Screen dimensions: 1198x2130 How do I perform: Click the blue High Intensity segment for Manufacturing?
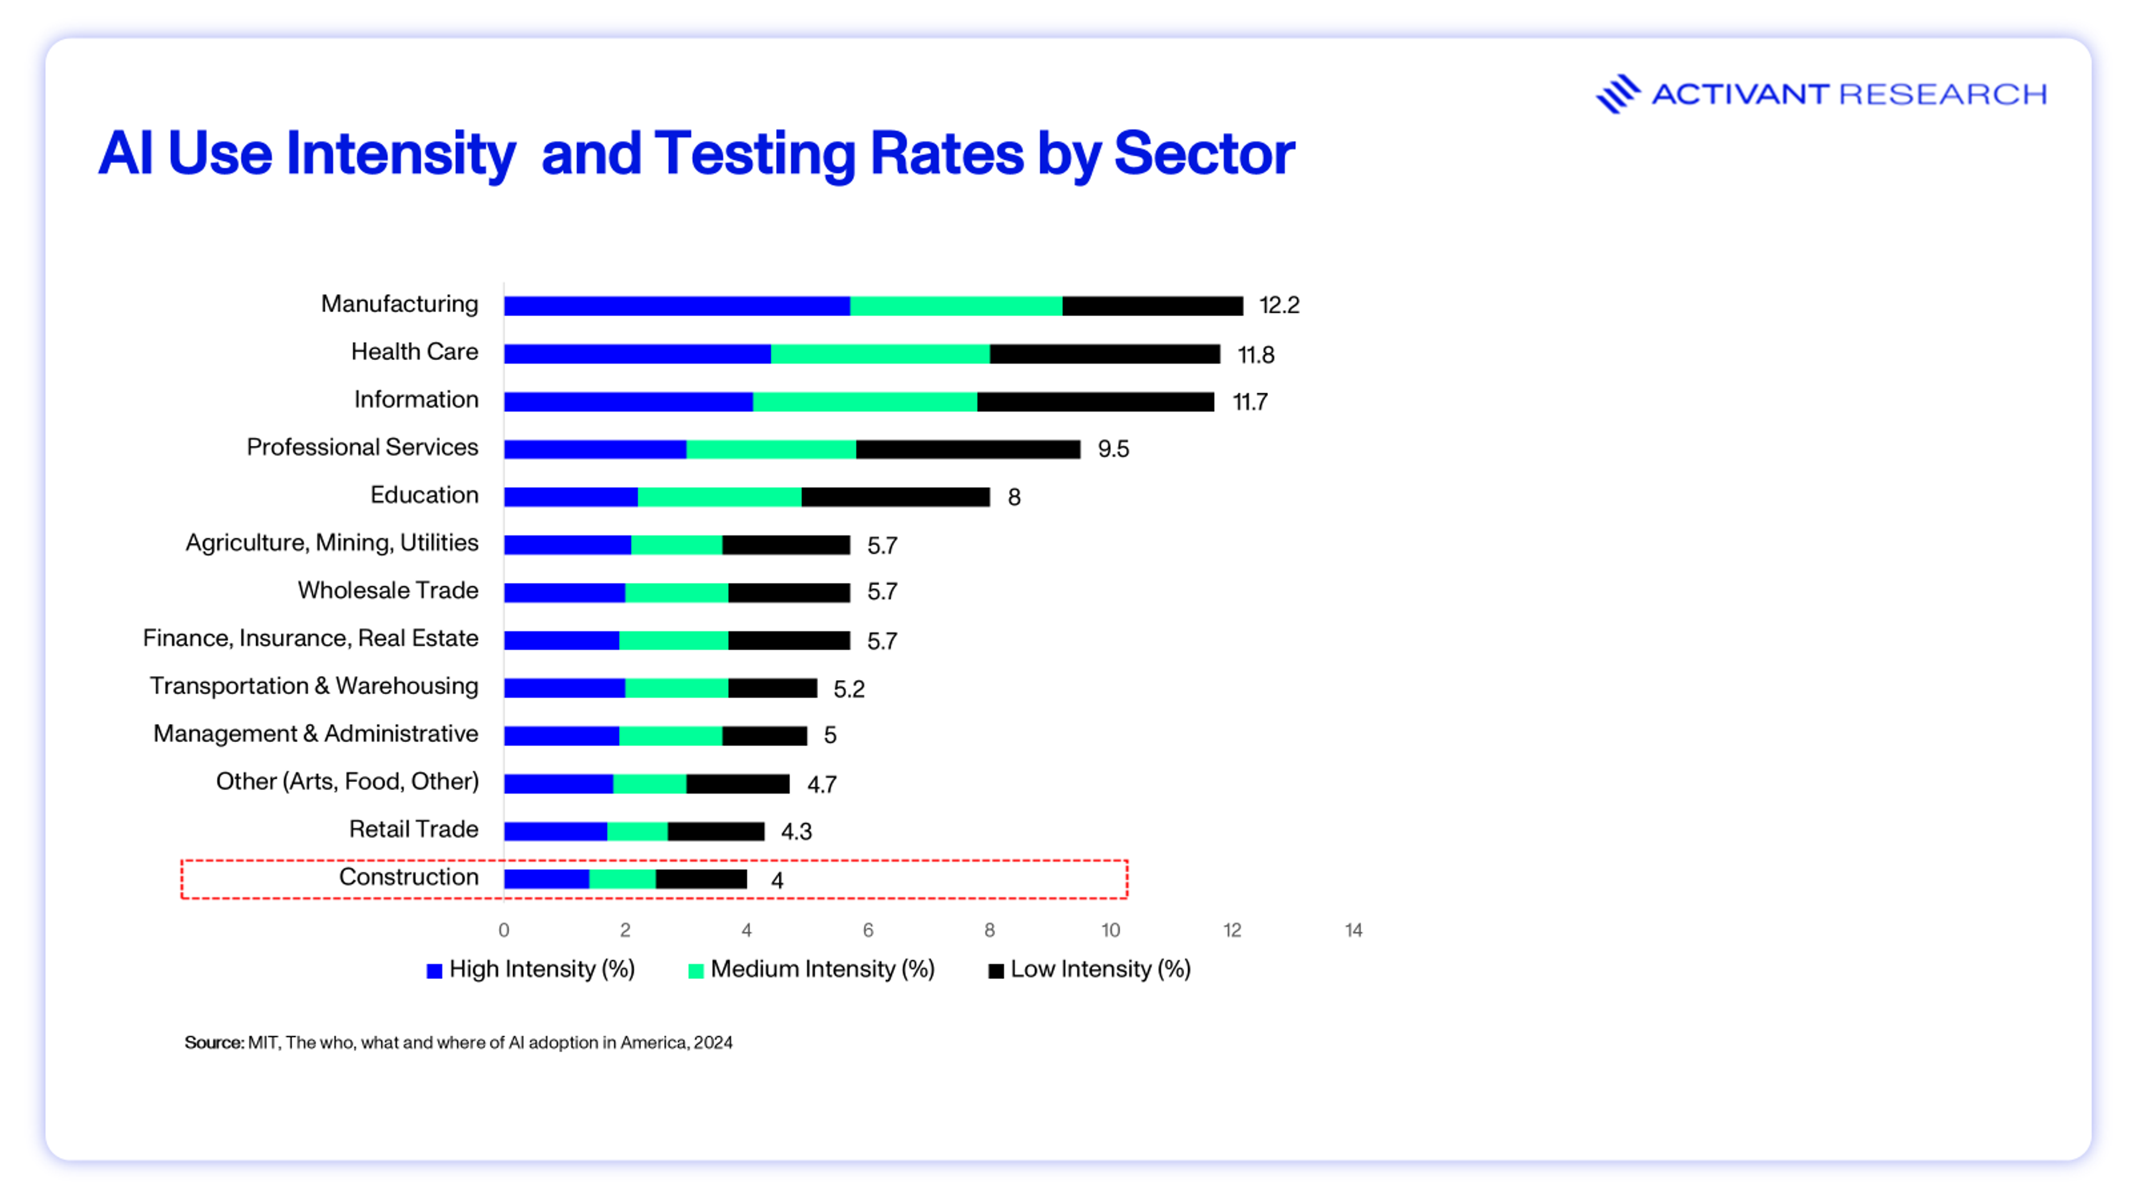(x=676, y=306)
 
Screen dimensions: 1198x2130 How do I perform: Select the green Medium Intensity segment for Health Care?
(x=880, y=354)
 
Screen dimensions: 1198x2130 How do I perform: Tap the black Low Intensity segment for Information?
(x=1095, y=402)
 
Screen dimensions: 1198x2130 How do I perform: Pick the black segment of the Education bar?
(x=895, y=497)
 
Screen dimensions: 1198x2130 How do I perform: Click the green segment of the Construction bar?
(x=622, y=879)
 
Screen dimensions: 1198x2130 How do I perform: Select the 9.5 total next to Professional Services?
(x=1113, y=449)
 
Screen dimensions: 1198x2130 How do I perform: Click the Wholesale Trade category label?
(x=388, y=590)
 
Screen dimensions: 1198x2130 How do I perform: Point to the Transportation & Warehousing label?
(x=313, y=686)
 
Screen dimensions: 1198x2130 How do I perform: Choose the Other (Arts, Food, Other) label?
(x=347, y=781)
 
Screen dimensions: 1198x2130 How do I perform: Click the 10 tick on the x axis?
(x=1110, y=930)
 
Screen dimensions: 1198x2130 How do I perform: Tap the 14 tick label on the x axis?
(x=1353, y=930)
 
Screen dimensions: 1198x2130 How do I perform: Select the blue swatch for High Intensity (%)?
(x=434, y=971)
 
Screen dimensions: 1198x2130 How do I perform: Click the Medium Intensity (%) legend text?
(x=822, y=969)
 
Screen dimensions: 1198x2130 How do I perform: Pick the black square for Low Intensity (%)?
(x=996, y=971)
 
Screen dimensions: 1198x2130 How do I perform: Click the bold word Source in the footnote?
(x=214, y=1043)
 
